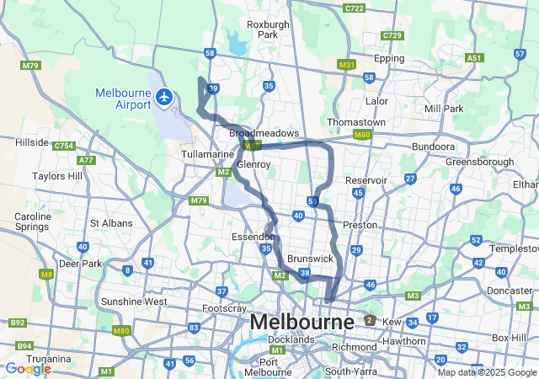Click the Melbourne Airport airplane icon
pyautogui.click(x=163, y=99)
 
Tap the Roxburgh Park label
pyautogui.click(x=268, y=29)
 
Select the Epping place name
pyautogui.click(x=388, y=58)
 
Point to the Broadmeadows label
pyautogui.click(x=264, y=133)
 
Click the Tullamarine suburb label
pyautogui.click(x=207, y=155)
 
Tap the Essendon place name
pyautogui.click(x=253, y=238)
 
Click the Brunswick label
pyautogui.click(x=310, y=258)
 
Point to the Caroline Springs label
pyautogui.click(x=33, y=222)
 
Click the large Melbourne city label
pyautogui.click(x=302, y=322)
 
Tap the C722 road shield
pyautogui.click(x=355, y=8)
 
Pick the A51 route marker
pyautogui.click(x=474, y=58)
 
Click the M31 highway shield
pyautogui.click(x=346, y=64)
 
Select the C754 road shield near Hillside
pyautogui.click(x=64, y=146)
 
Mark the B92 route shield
pyautogui.click(x=17, y=322)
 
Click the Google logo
pyautogui.click(x=28, y=368)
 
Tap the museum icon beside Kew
pyautogui.click(x=369, y=320)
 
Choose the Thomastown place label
pyautogui.click(x=356, y=122)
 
